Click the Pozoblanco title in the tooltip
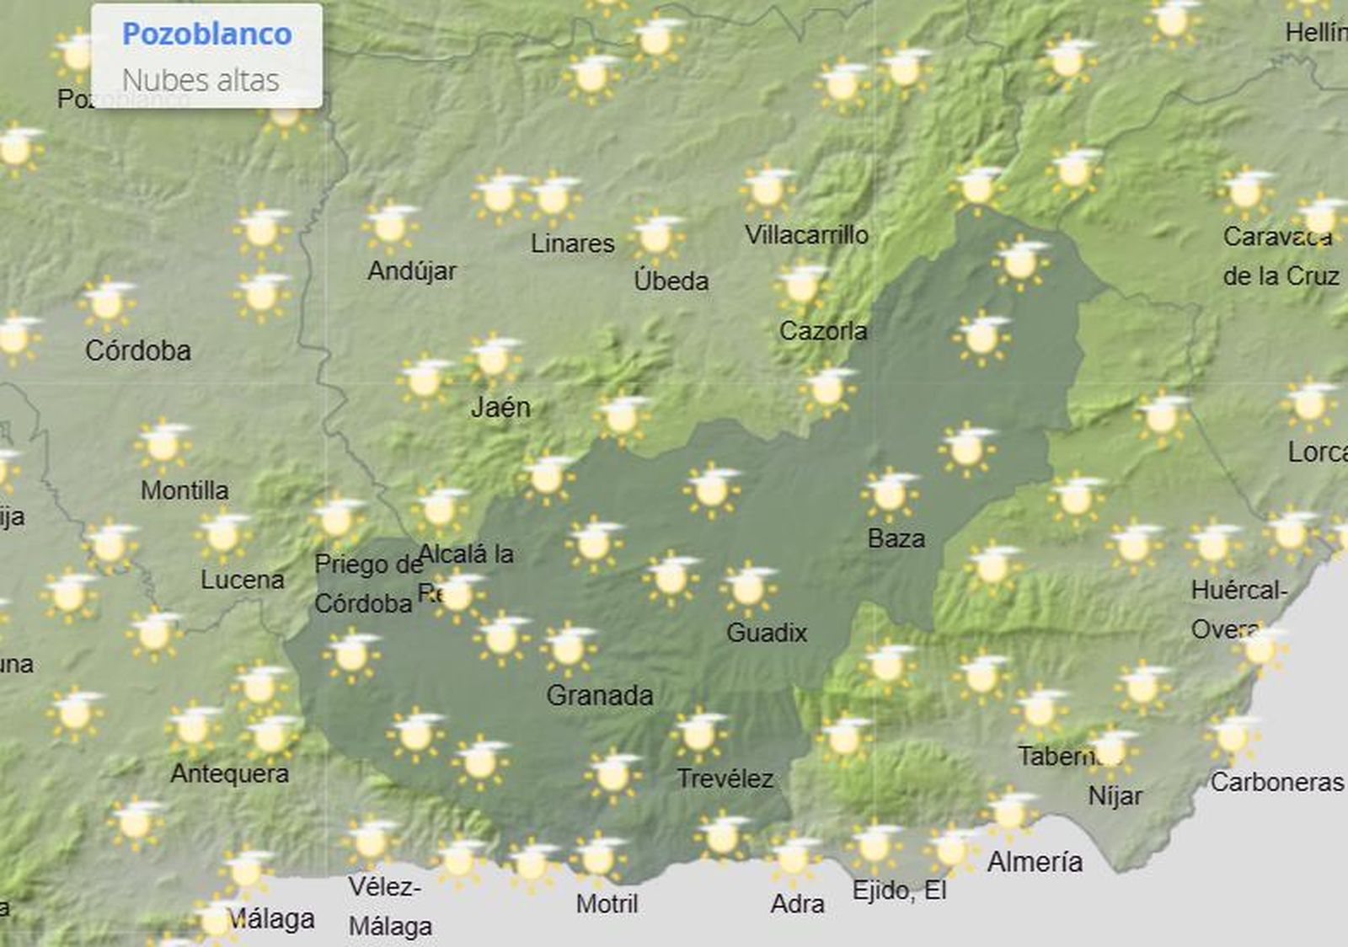206,34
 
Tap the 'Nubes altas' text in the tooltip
201,80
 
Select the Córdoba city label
138,350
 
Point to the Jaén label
500,408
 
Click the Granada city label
599,695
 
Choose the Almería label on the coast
1035,862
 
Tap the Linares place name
572,243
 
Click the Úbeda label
671,281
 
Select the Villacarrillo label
806,235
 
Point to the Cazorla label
822,331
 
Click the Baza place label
896,538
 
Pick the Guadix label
766,632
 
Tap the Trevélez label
725,778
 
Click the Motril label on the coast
607,904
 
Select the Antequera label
229,773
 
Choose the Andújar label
412,271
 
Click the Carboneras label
1276,782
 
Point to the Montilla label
185,490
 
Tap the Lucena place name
242,580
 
